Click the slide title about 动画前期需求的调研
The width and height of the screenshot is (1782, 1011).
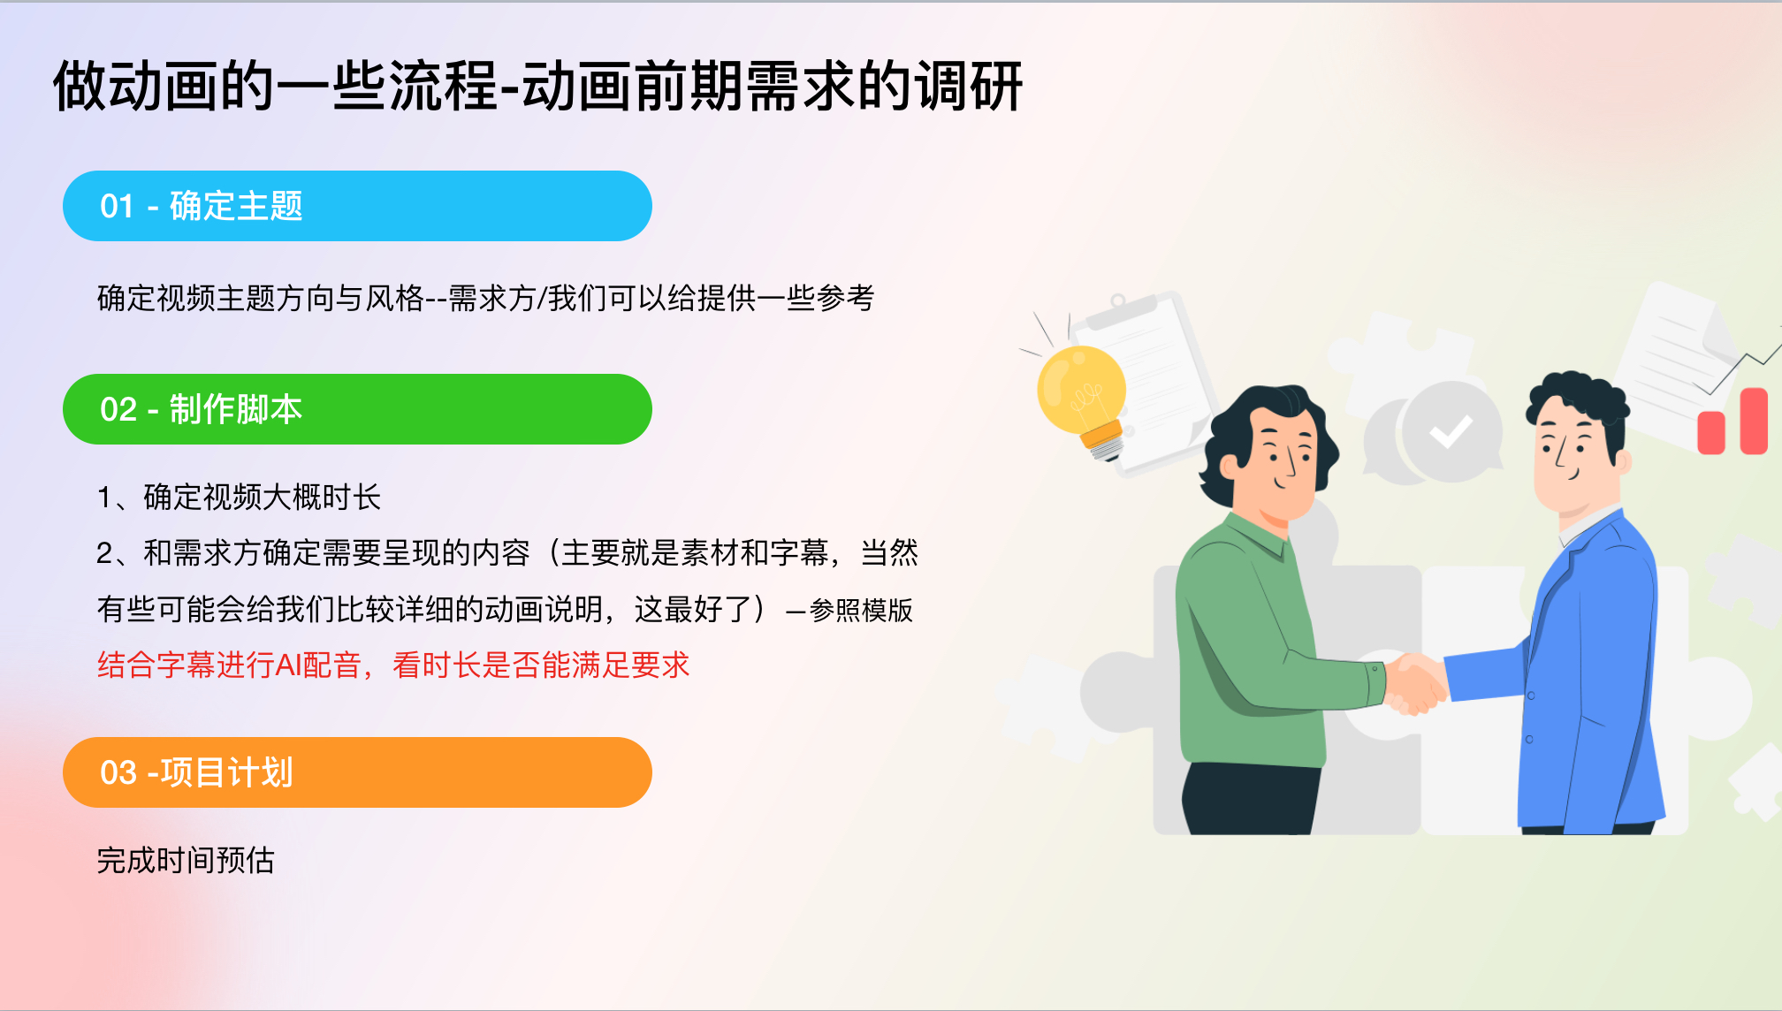tap(538, 87)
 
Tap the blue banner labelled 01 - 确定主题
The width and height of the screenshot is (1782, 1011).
tap(357, 206)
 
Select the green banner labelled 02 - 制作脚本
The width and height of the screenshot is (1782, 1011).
tap(357, 409)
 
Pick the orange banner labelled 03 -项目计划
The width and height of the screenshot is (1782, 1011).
tap(357, 772)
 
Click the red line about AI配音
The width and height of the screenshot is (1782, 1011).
tap(393, 665)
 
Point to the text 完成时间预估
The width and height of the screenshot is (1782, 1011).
tap(186, 860)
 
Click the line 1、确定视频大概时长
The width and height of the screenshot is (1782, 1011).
tap(239, 497)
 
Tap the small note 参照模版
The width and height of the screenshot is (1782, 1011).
tap(861, 610)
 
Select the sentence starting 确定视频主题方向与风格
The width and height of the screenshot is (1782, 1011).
tap(485, 298)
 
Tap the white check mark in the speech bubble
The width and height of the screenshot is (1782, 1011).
tap(1451, 431)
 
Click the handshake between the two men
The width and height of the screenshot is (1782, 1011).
tap(1415, 682)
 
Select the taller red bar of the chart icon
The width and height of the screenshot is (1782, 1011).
tap(1754, 421)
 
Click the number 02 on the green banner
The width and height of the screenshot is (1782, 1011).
tap(118, 409)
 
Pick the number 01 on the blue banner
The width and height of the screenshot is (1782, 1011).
tap(118, 206)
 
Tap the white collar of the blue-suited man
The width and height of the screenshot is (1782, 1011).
tap(1586, 525)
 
